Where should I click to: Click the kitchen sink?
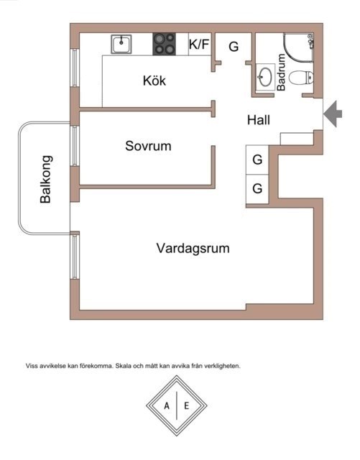[x=121, y=44]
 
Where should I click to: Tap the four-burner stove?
[x=165, y=44]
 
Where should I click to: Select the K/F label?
[x=199, y=45]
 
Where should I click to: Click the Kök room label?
[x=154, y=80]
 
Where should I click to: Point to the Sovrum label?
[x=148, y=146]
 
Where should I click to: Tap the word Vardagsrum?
[x=193, y=248]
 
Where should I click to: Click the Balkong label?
[x=45, y=179]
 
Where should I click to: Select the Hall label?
[x=259, y=120]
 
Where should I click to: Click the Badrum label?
[x=281, y=72]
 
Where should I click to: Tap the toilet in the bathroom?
[x=301, y=78]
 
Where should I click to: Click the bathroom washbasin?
[x=266, y=77]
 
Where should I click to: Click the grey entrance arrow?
[x=333, y=114]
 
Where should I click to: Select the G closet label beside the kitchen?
[x=234, y=47]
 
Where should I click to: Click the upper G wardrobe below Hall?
[x=257, y=160]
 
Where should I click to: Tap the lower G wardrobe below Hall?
[x=257, y=188]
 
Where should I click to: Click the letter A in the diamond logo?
[x=167, y=406]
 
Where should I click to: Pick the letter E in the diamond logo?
[x=186, y=406]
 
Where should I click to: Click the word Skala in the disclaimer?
[x=123, y=366]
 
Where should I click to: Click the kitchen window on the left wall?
[x=75, y=68]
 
